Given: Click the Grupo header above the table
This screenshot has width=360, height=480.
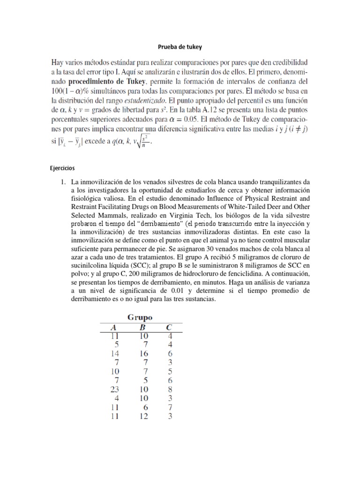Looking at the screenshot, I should click(140, 317).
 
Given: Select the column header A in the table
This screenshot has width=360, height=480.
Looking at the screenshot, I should click(112, 328).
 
